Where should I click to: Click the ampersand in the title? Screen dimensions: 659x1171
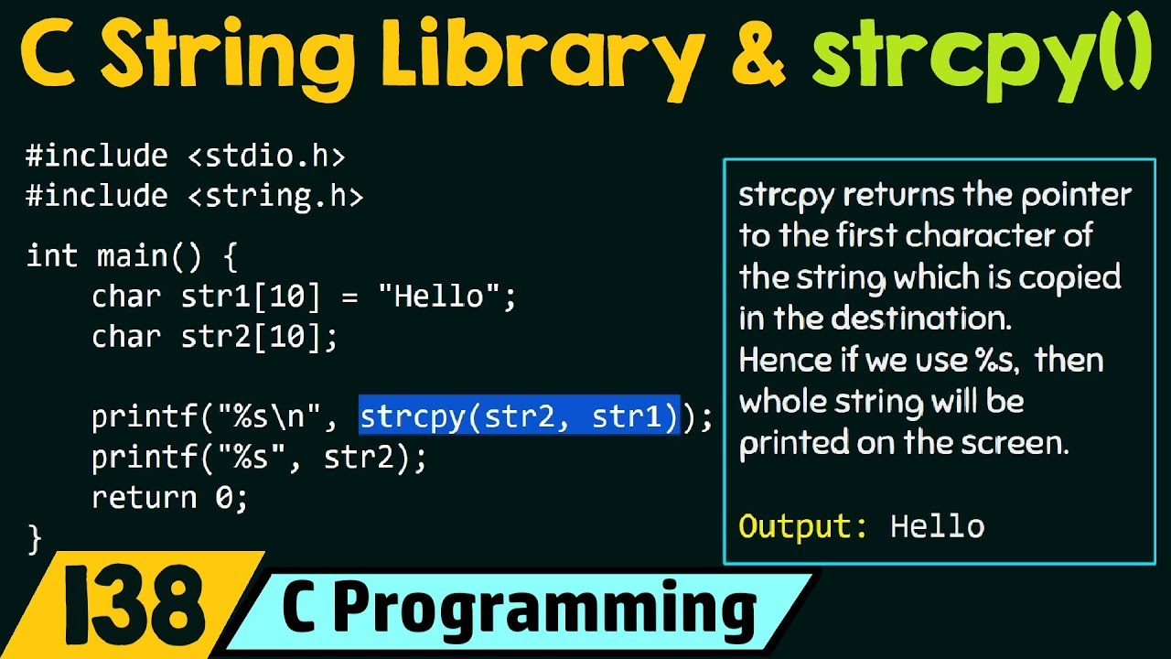tap(750, 57)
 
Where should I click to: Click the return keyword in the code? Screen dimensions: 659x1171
tap(145, 498)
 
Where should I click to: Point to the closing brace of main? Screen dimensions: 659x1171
tap(35, 538)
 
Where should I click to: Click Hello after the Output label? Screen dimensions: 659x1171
tap(937, 526)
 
